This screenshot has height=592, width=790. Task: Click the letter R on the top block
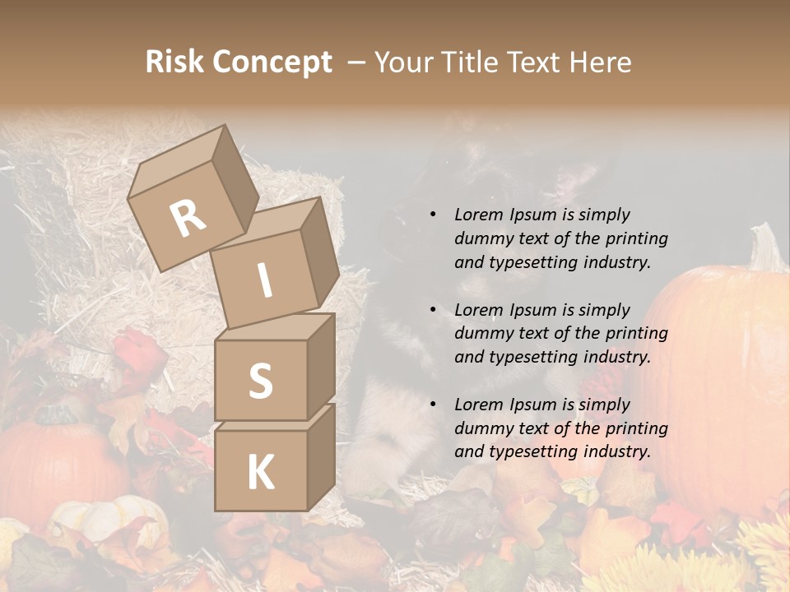[x=188, y=219]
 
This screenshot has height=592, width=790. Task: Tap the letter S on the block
[x=260, y=381]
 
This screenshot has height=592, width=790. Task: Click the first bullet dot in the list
[x=433, y=215]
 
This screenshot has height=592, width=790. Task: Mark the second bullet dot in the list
[x=433, y=310]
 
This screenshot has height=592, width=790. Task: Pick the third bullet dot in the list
[x=433, y=405]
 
